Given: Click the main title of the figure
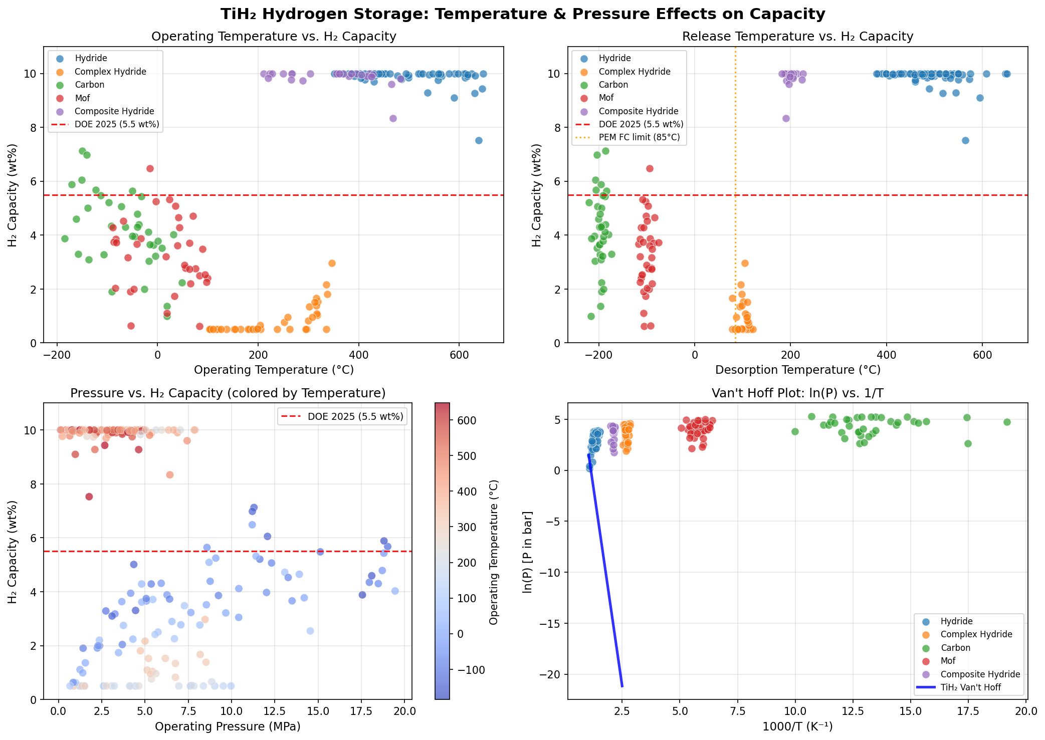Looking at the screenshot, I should tap(522, 14).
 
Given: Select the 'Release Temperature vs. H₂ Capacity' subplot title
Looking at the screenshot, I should tap(797, 37).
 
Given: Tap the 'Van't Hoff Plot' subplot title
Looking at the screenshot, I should tap(797, 393).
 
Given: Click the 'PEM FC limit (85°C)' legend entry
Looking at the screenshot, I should tap(639, 137).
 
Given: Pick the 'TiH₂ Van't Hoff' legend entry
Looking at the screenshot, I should tap(970, 687).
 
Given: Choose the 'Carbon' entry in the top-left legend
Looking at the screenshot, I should tap(89, 85).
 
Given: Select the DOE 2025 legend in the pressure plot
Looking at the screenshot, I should tap(355, 416).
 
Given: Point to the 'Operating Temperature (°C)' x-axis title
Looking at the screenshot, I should tap(274, 370).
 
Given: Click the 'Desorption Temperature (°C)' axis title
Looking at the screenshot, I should tap(797, 370).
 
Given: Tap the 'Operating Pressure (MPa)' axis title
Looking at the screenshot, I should tap(228, 726).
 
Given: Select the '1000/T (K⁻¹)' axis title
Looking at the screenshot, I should tap(797, 726).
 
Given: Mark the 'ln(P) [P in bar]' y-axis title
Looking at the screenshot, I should tap(527, 552).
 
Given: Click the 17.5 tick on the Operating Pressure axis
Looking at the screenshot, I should tap(360, 711).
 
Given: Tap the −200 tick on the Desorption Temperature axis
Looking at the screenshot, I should tap(598, 354).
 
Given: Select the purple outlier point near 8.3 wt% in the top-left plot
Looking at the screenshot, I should tap(393, 119).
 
